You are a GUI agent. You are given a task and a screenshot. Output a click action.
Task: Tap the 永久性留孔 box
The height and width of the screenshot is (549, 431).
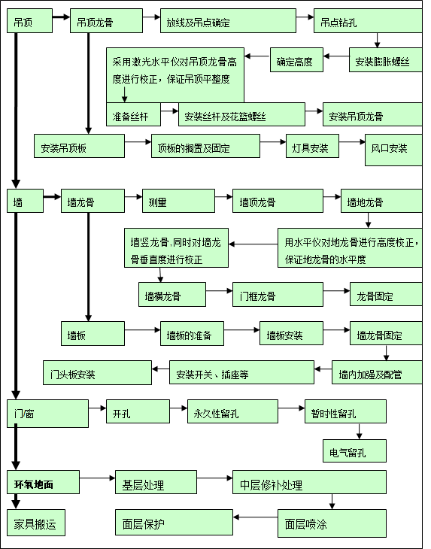coord(232,412)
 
